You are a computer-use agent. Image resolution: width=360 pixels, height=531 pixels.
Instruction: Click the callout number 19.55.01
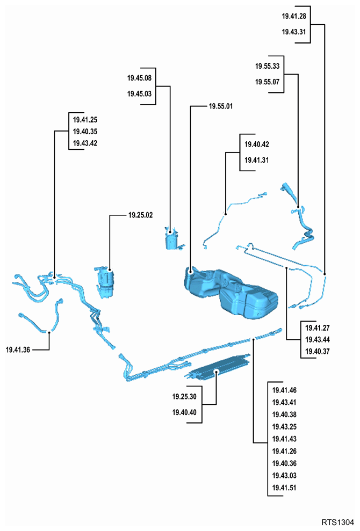point(221,106)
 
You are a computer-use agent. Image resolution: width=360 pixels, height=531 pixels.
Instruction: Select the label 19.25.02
point(140,215)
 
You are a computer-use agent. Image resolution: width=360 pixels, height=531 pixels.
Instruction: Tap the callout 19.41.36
point(18,350)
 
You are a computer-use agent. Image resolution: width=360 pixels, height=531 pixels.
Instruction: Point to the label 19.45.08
point(139,78)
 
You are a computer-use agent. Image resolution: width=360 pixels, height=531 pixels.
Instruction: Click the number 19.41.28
point(294,16)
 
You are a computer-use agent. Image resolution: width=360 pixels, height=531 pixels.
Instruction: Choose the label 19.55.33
point(268,66)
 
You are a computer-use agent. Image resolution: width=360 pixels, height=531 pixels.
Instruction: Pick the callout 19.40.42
point(257,144)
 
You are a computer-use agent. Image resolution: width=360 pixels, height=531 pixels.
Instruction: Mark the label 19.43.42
point(85,143)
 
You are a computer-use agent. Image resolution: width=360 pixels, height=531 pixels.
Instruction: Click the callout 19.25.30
point(184,397)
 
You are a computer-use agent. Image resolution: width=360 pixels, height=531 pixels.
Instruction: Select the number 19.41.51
point(284,488)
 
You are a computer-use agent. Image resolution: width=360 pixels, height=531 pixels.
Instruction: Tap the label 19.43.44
point(318,340)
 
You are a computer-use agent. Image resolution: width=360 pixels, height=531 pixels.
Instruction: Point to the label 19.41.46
point(284,390)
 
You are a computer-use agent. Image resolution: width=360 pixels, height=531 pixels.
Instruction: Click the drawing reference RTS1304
point(338,522)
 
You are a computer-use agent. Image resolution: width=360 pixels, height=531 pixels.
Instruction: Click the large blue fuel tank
point(231,291)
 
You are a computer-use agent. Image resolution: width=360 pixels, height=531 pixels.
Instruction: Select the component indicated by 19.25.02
point(105,282)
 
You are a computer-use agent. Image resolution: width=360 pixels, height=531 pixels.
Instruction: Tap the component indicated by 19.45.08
point(174,238)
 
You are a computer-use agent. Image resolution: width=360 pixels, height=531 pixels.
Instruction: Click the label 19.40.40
point(184,412)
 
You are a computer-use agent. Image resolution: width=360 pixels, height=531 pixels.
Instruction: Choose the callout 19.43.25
point(284,427)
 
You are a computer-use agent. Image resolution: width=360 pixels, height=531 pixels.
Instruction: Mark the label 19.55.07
point(268,82)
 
